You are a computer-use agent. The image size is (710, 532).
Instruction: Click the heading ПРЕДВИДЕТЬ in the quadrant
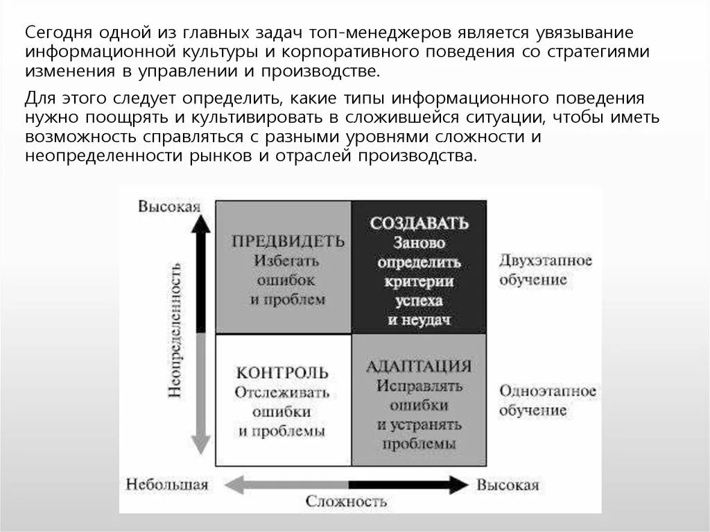point(288,241)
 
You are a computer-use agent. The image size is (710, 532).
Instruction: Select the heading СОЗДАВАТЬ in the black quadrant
point(419,223)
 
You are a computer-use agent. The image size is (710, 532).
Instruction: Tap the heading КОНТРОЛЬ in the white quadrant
point(282,372)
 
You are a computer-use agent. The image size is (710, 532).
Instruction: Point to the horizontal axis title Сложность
point(345,501)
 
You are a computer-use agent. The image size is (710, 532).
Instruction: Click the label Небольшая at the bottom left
point(168,484)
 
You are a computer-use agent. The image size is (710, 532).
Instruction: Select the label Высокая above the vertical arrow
point(169,207)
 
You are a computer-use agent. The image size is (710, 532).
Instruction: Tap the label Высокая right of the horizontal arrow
point(508,484)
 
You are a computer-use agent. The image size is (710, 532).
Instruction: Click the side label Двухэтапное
point(545,261)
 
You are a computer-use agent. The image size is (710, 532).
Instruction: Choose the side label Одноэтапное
point(547,391)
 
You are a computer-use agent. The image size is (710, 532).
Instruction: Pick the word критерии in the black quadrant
point(419,282)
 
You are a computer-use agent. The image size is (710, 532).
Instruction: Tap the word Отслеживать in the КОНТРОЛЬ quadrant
point(282,393)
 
